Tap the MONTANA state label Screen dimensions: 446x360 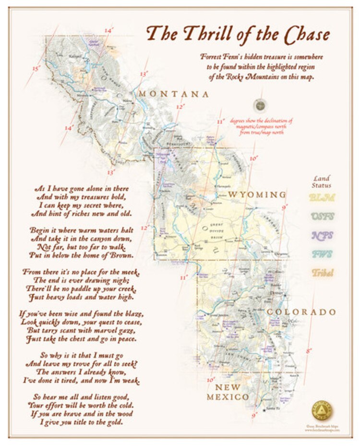174,94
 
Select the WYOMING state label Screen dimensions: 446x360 256,195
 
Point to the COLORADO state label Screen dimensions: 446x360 301,312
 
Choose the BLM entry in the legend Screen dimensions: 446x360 322,198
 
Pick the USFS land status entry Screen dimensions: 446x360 322,216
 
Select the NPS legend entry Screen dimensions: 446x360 322,235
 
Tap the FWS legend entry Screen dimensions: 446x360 322,254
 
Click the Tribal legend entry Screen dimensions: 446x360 322,272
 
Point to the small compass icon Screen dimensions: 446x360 260,104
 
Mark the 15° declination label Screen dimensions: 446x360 36,69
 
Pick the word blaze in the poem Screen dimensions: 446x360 131,314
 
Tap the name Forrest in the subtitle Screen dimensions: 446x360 214,57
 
